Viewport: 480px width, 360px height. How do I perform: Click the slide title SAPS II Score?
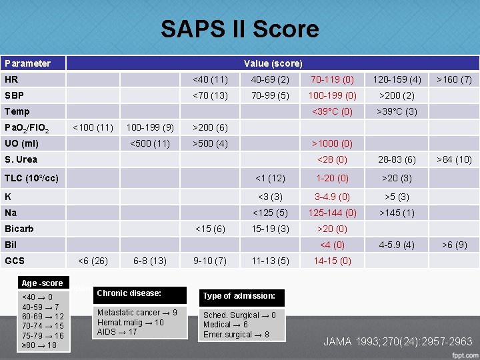click(239, 29)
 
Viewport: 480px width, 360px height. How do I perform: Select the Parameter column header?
click(27, 63)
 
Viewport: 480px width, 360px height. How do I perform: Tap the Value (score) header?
click(273, 63)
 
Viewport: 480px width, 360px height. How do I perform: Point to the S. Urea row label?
click(21, 159)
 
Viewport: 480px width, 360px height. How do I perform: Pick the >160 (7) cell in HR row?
click(453, 79)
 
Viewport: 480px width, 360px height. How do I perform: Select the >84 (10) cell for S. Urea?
click(453, 159)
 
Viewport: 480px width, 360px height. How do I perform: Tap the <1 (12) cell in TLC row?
click(270, 178)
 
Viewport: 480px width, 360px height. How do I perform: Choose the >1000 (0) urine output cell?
click(333, 143)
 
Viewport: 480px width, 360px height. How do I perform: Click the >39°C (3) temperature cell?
click(397, 111)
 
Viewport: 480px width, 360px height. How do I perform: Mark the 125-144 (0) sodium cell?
click(332, 213)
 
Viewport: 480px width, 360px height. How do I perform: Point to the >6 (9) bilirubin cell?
click(453, 245)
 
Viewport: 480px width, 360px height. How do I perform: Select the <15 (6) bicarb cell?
click(209, 229)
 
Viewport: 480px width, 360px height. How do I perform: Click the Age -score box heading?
click(43, 283)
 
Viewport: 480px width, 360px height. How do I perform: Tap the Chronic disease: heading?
click(129, 293)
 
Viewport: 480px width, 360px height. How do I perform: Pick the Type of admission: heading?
click(239, 296)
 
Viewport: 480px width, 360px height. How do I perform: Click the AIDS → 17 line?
click(117, 331)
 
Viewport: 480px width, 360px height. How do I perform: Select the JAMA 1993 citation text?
click(397, 341)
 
